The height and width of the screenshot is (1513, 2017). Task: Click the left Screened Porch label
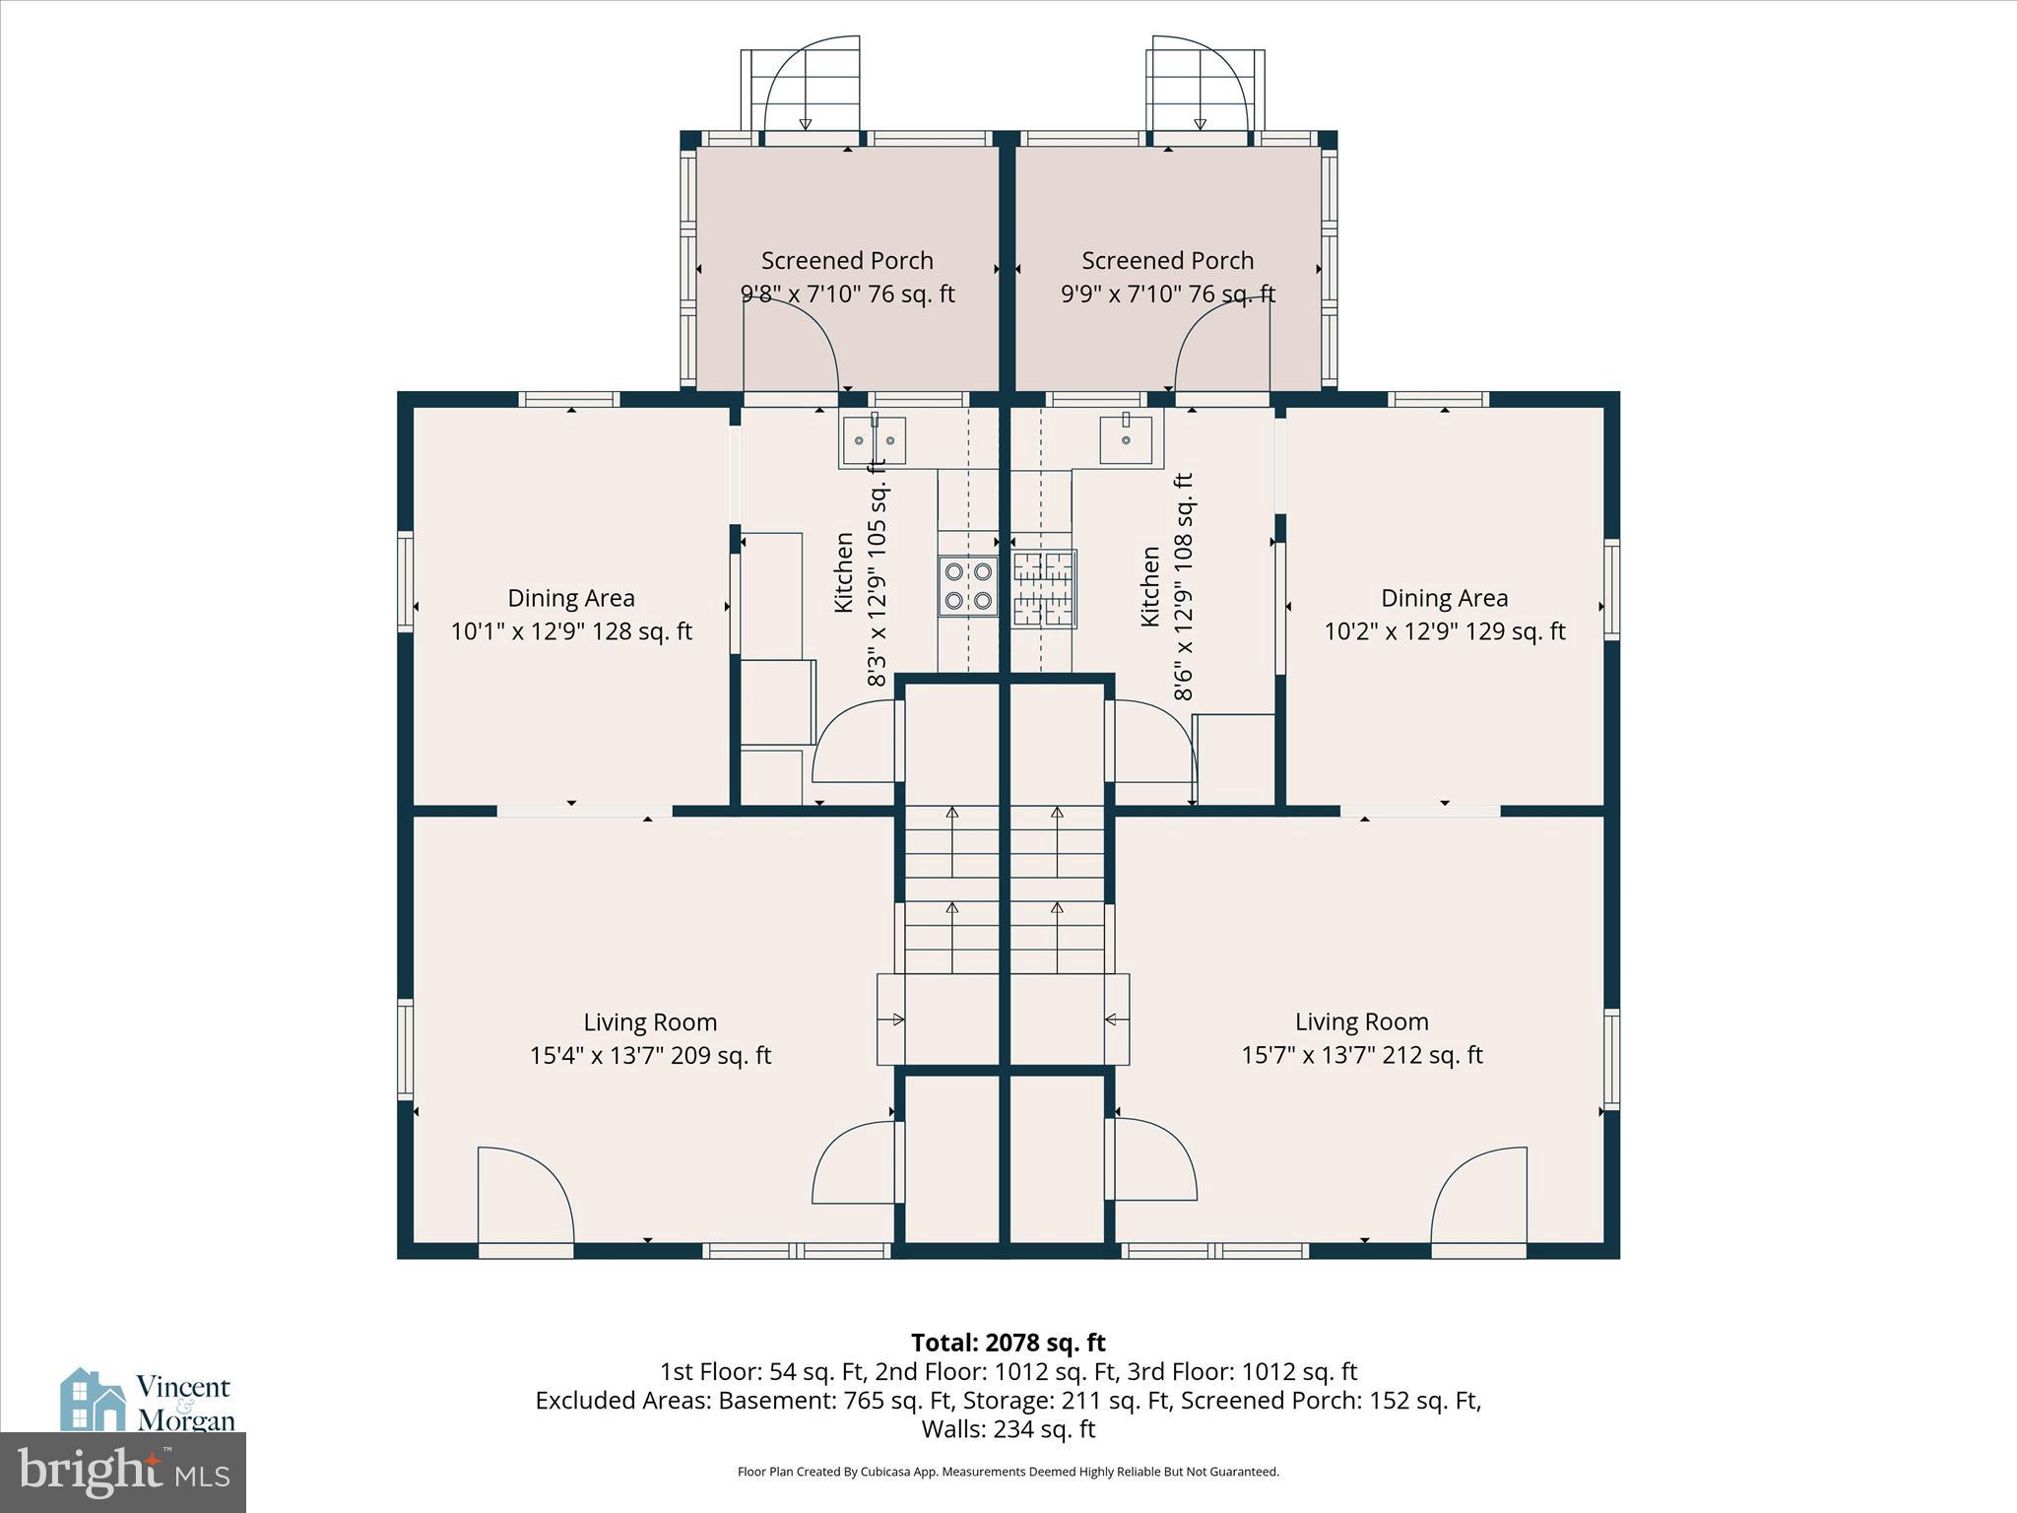[x=847, y=277]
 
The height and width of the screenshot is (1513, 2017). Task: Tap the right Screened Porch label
[x=1167, y=277]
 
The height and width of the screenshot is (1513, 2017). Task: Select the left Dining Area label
[x=571, y=615]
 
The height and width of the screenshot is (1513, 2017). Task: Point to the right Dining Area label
[x=1444, y=615]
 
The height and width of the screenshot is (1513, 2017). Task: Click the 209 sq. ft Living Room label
[x=650, y=1038]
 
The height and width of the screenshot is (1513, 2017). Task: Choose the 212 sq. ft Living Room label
[x=1361, y=1038]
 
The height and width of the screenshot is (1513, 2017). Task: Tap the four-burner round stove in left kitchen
[x=968, y=586]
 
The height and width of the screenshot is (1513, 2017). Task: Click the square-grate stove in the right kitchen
[x=1044, y=589]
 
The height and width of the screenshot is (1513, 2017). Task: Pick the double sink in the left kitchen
[x=873, y=440]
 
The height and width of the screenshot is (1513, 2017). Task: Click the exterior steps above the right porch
[x=1204, y=91]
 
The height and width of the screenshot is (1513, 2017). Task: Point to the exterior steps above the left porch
[x=801, y=91]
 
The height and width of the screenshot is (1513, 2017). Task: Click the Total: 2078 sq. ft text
[x=1008, y=1343]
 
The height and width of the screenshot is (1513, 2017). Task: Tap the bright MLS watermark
[x=123, y=1473]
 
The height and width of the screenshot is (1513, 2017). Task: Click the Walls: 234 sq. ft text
[x=1008, y=1428]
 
